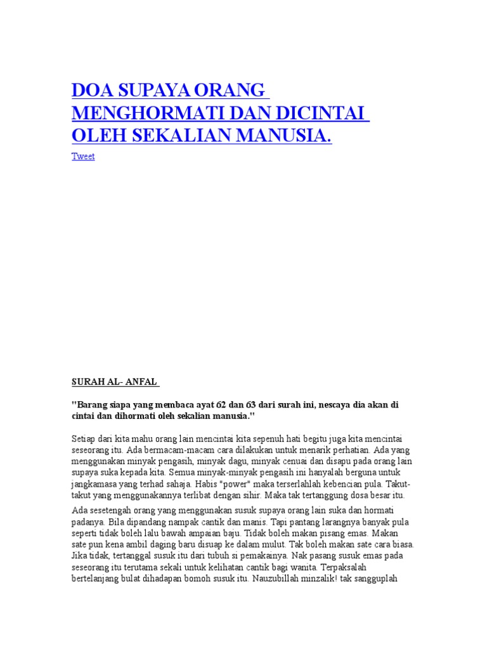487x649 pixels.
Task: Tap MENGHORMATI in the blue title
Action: (140, 113)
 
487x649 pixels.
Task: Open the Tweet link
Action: (83, 157)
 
